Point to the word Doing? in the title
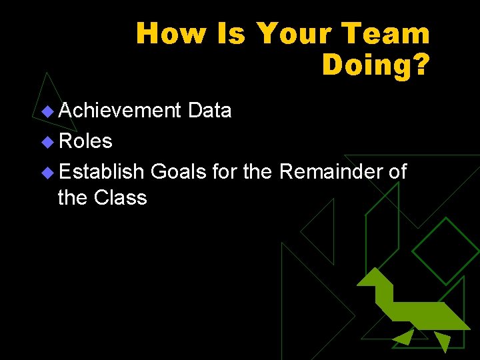coord(376,64)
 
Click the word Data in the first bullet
coord(209,110)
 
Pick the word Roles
coord(85,141)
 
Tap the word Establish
coord(101,171)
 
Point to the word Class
coord(121,197)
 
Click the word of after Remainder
coord(397,171)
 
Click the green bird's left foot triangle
coord(404,337)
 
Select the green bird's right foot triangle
coord(442,341)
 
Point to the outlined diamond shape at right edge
coord(445,251)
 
